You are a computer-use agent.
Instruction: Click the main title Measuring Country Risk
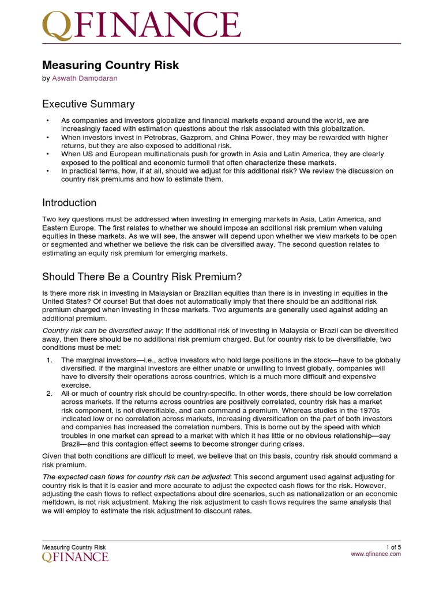111,65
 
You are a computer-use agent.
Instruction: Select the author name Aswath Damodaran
84,78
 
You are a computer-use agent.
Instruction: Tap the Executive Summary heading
88,104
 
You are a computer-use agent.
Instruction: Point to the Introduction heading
69,203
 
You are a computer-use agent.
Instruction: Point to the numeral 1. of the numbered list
49,360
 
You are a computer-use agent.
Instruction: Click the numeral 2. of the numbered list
49,393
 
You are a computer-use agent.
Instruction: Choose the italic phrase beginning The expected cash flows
136,476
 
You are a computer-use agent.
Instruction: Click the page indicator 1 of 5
393,547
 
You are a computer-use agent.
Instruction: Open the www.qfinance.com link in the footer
376,554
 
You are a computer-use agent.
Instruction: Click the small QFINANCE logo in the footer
75,557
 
